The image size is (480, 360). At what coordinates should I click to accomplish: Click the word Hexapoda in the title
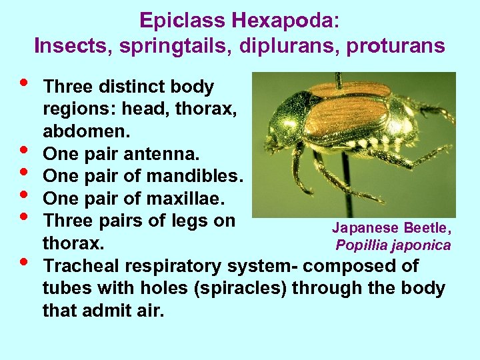(285, 21)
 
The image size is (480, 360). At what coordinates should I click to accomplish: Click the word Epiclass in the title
(183, 21)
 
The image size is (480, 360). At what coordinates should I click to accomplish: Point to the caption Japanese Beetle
(392, 228)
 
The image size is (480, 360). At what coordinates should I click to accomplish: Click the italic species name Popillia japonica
(393, 245)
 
